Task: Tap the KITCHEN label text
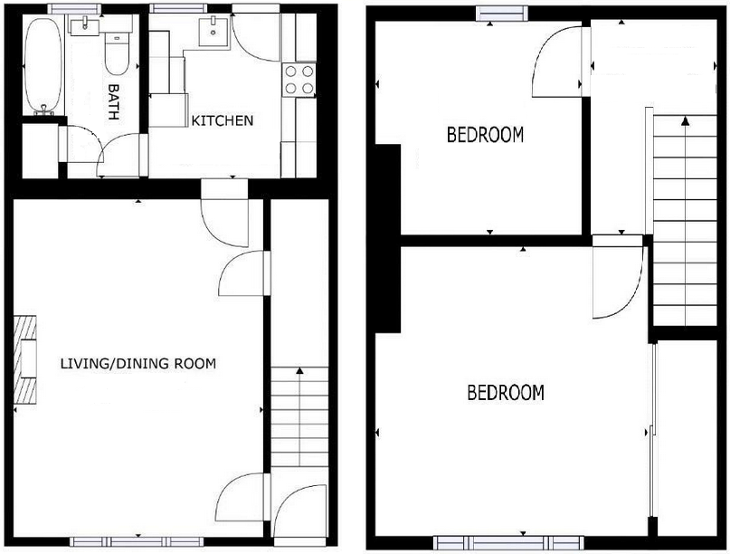tap(222, 120)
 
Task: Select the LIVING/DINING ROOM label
tap(138, 364)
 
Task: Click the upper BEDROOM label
tap(486, 136)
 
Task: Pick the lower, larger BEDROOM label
tap(506, 393)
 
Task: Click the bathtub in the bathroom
tap(41, 65)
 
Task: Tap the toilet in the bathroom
tap(115, 53)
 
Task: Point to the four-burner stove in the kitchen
tap(299, 79)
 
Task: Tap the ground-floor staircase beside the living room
tap(299, 416)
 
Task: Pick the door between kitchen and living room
tap(223, 215)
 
